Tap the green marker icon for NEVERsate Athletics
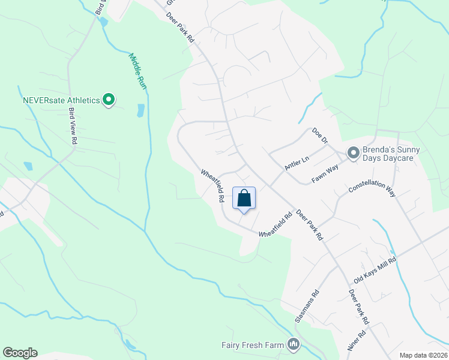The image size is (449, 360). tap(109, 100)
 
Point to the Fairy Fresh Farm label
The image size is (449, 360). tap(252, 344)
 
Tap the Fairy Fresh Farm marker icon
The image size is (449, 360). tap(294, 344)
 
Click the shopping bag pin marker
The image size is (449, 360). tap(244, 199)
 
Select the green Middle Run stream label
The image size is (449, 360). tap(138, 71)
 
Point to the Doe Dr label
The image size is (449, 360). tap(320, 136)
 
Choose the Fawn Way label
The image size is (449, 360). tap(325, 175)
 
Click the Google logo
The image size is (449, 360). tap(20, 353)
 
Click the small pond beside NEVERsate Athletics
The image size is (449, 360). tap(141, 110)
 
